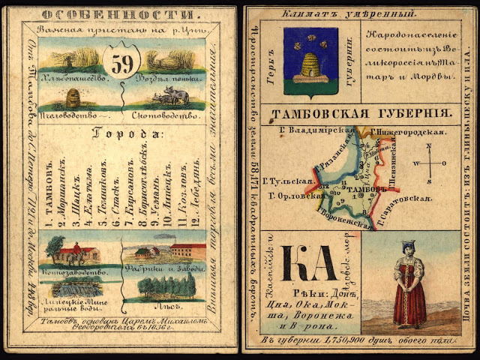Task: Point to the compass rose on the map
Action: click(428, 162)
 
